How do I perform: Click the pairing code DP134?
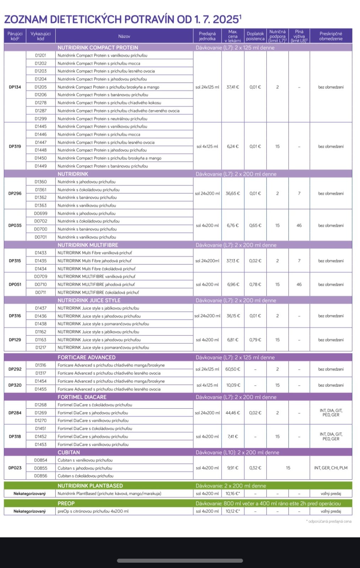tap(15, 87)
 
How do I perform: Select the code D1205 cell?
tap(40, 87)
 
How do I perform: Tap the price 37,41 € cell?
tap(233, 87)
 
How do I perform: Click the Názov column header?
tap(124, 36)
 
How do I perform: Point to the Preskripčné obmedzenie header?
tap(331, 36)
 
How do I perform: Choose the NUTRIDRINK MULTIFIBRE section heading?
tap(88, 245)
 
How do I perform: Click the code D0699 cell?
tap(40, 213)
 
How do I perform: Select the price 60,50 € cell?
tap(233, 369)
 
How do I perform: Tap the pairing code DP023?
tap(15, 468)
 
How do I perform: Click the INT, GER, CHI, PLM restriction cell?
tap(331, 468)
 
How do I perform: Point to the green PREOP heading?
tap(66, 503)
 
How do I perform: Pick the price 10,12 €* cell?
tap(233, 511)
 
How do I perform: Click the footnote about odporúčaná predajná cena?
tap(329, 521)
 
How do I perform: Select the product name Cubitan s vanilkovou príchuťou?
tap(85, 460)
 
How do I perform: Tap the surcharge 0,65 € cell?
tap(255, 225)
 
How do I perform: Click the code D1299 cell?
tap(40, 119)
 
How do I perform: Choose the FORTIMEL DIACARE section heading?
tap(82, 397)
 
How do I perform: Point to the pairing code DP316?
tap(15, 316)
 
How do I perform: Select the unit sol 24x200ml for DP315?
tap(207, 261)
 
